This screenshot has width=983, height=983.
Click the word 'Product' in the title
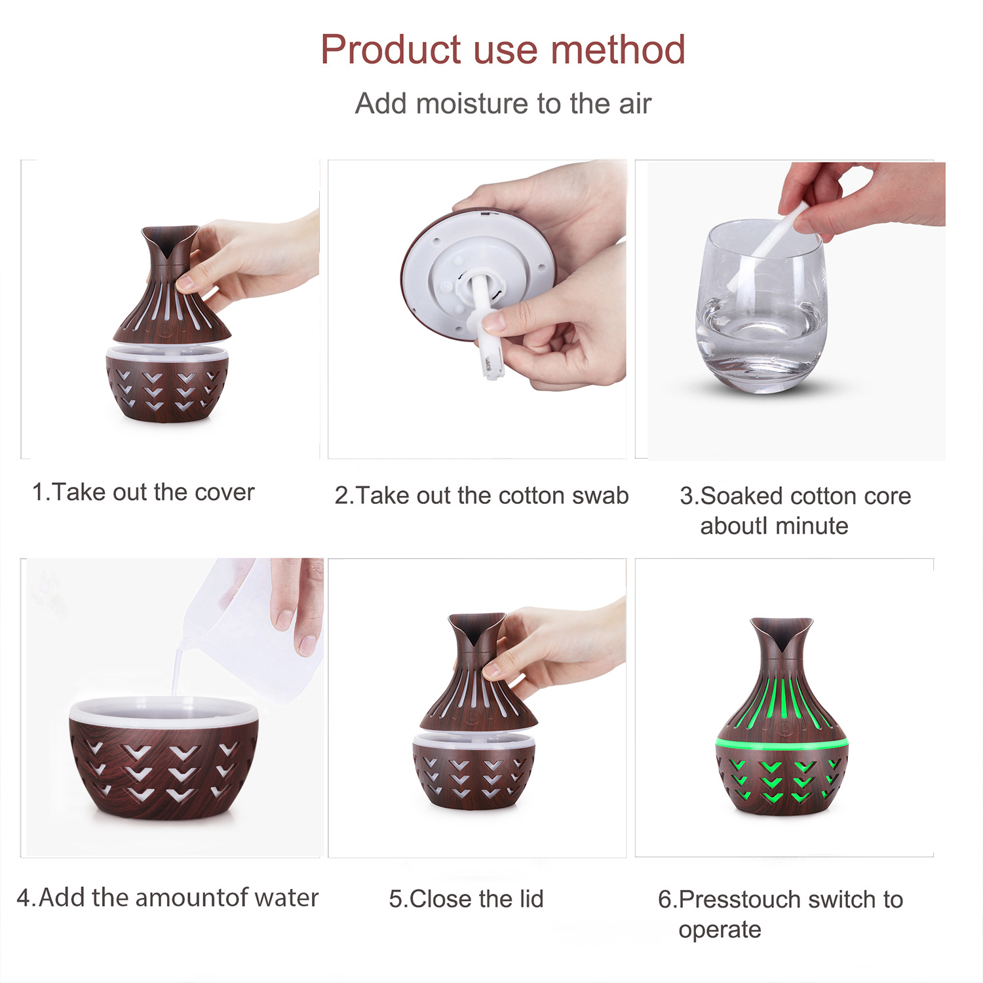point(391,50)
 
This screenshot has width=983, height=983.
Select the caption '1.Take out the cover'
point(143,492)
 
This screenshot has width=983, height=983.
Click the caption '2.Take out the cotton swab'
point(482,495)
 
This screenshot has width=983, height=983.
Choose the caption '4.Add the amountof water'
point(168,898)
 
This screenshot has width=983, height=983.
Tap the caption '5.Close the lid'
point(467,899)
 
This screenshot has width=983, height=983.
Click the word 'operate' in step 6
point(720,931)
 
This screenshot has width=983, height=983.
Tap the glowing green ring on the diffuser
point(781,743)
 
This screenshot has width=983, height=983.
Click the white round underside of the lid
point(478,275)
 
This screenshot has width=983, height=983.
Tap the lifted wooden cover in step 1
point(172,285)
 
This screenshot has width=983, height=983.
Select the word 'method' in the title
point(617,50)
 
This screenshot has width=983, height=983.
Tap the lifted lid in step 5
point(478,673)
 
